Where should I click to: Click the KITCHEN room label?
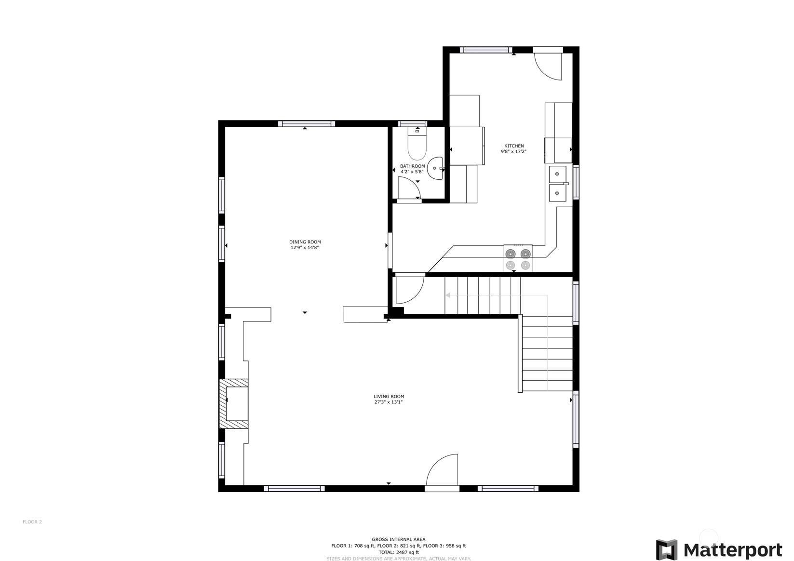514,146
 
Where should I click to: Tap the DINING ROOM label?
305,242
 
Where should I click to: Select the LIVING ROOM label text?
389,397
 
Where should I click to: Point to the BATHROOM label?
412,166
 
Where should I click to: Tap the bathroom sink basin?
435,168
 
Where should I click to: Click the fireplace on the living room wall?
234,404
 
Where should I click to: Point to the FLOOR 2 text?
32,521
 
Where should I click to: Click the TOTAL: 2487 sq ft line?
398,552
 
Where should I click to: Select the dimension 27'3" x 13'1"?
389,402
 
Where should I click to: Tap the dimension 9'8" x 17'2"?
513,151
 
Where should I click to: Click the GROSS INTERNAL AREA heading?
398,539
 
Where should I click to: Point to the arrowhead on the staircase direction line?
448,295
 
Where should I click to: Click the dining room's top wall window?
307,124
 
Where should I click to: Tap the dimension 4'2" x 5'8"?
412,172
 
